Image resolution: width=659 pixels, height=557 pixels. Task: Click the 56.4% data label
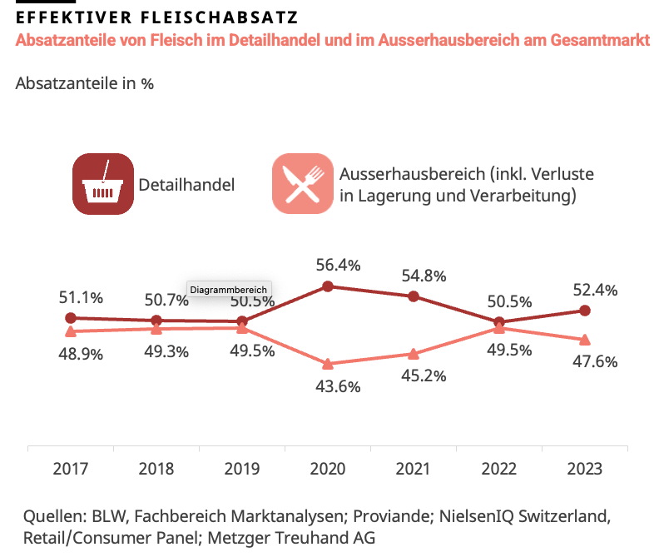pyautogui.click(x=327, y=266)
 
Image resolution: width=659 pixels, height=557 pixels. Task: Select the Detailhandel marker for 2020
pyautogui.click(x=328, y=286)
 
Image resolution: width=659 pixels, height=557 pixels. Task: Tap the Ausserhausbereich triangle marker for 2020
pyautogui.click(x=328, y=364)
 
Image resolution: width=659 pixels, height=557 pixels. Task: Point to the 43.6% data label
pyautogui.click(x=327, y=386)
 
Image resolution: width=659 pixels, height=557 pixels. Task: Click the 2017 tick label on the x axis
pyautogui.click(x=70, y=469)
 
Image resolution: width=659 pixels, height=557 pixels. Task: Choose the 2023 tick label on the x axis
pyautogui.click(x=584, y=469)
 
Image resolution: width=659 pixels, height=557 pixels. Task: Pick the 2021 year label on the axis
pyautogui.click(x=413, y=469)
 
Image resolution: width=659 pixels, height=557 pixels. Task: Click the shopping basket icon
pyautogui.click(x=103, y=184)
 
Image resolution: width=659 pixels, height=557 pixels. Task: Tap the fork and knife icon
pyautogui.click(x=302, y=184)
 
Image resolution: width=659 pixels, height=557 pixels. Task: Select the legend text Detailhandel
pyautogui.click(x=186, y=185)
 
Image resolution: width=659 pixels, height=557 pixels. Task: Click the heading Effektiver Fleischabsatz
pyautogui.click(x=157, y=17)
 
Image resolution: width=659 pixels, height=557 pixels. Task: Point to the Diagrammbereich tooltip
pyautogui.click(x=229, y=290)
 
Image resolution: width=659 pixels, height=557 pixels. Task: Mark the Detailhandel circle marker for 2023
pyautogui.click(x=584, y=311)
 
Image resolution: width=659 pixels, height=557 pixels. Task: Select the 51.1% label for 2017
pyautogui.click(x=81, y=297)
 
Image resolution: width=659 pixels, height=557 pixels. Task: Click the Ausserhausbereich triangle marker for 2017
pyautogui.click(x=70, y=331)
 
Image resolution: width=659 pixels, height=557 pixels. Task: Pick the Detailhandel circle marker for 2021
pyautogui.click(x=413, y=296)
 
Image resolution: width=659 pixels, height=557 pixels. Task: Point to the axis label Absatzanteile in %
pyautogui.click(x=84, y=83)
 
